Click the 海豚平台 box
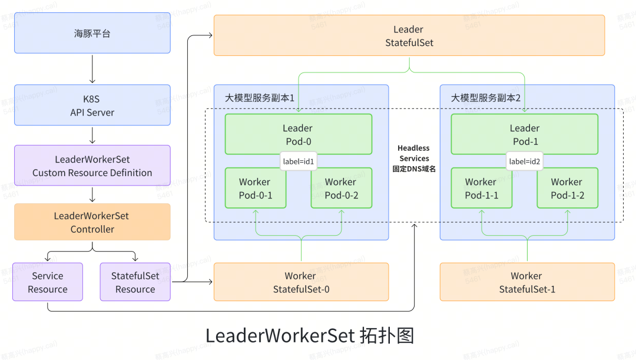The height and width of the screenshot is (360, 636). click(92, 33)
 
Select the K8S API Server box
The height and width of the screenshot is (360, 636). click(92, 105)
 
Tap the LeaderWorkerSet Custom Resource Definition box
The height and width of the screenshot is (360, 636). click(92, 166)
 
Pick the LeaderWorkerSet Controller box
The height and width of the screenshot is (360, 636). click(92, 222)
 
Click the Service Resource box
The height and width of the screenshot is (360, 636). click(48, 282)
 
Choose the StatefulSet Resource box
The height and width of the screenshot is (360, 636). click(135, 282)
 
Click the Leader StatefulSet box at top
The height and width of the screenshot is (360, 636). click(409, 35)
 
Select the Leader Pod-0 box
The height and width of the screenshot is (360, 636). click(298, 134)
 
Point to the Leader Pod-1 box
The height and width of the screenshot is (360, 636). click(524, 134)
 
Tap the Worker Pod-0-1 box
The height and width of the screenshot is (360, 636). click(255, 189)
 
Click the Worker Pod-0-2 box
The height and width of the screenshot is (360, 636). click(342, 189)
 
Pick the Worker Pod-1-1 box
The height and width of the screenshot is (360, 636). click(481, 189)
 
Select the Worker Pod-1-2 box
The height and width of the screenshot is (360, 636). click(567, 189)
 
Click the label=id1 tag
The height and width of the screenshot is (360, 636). click(299, 161)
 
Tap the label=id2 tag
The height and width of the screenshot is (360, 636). click(525, 161)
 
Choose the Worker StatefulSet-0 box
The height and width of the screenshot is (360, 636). click(300, 282)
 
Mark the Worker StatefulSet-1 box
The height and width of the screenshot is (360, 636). click(527, 282)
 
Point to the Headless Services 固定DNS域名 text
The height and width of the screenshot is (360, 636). click(414, 158)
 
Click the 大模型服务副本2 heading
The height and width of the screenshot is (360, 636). click(485, 98)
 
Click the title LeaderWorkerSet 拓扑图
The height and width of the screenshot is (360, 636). click(310, 335)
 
